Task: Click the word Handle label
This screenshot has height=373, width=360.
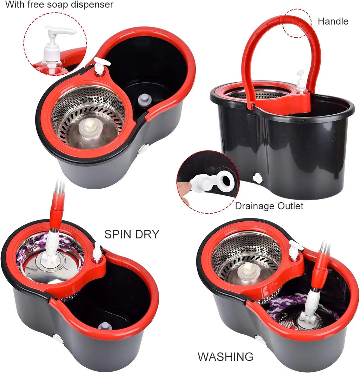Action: (x=333, y=21)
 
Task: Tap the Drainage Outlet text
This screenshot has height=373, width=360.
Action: (x=269, y=206)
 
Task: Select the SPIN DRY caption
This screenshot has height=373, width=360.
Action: (x=132, y=234)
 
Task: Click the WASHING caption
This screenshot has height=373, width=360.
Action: (x=225, y=356)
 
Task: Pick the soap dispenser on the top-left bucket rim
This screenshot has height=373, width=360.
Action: (x=100, y=66)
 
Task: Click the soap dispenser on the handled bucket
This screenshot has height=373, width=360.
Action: (x=301, y=82)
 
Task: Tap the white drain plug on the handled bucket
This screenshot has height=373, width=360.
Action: (x=258, y=178)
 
